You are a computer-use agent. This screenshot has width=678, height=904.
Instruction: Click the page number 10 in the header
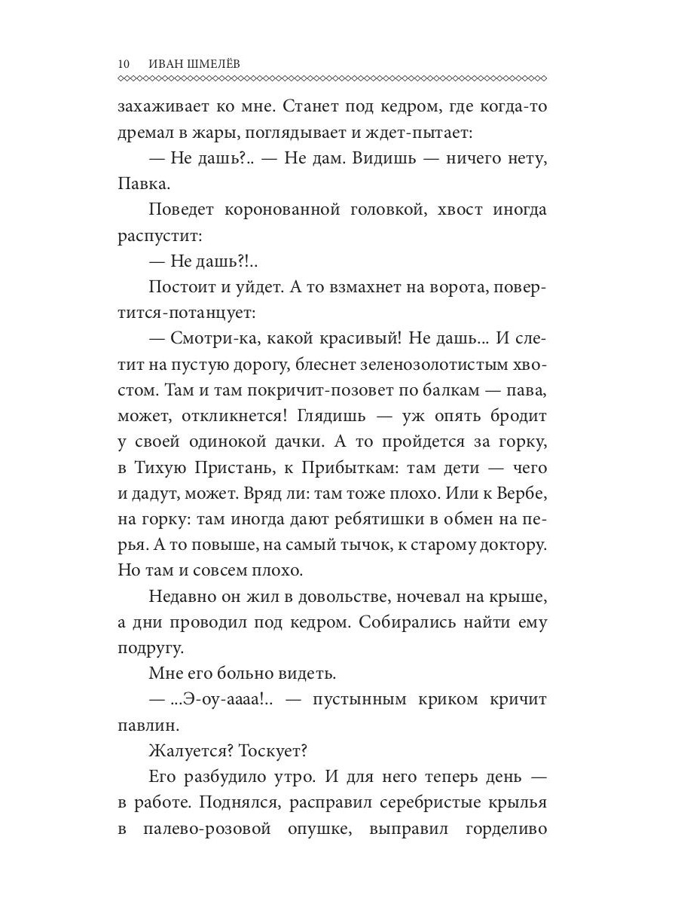click(x=124, y=64)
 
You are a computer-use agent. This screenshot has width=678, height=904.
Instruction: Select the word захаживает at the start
click(x=162, y=106)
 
